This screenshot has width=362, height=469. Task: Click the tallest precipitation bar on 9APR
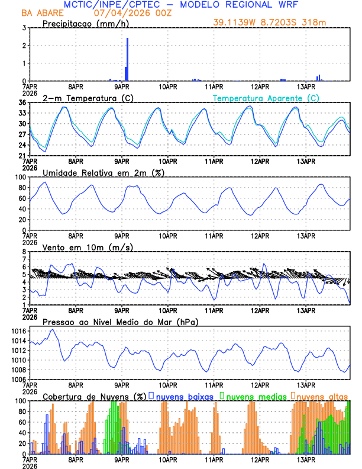point(127,59)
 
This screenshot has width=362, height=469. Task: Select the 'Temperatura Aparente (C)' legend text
point(266,98)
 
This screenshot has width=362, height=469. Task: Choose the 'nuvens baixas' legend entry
point(183,396)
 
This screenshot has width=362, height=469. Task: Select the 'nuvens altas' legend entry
point(322,396)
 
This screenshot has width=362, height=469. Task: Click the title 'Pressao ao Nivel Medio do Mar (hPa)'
point(120,322)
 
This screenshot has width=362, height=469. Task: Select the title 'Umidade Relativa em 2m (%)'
point(103,172)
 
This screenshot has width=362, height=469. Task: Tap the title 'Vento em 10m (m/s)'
point(88,247)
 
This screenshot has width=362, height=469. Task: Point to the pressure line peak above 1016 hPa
point(53,329)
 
